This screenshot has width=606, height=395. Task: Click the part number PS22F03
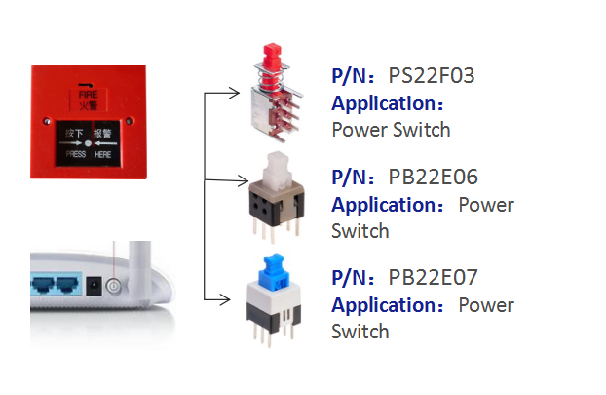tap(431, 75)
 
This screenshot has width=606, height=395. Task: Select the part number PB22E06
tap(433, 177)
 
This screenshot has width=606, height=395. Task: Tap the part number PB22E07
tap(433, 277)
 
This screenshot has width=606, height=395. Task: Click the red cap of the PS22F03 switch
tap(272, 56)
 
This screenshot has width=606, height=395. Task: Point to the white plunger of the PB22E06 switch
tap(277, 170)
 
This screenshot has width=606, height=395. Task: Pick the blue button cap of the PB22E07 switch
tap(275, 271)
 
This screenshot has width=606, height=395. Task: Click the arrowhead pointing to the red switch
tap(234, 93)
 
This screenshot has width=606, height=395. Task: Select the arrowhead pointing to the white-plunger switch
tap(243, 180)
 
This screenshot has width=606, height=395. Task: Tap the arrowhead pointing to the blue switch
tap(225, 299)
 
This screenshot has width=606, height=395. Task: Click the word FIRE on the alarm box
tap(88, 95)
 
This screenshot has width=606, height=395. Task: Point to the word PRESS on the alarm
tap(76, 154)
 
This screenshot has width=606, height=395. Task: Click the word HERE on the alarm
tap(103, 155)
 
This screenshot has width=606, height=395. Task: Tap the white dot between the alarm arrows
tap(88, 143)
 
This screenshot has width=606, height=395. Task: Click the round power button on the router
tap(114, 286)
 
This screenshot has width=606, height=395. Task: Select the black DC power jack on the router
tap(94, 287)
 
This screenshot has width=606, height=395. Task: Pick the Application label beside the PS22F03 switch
tap(388, 103)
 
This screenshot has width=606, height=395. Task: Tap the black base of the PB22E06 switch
tap(277, 209)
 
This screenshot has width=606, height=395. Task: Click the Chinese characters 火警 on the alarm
tap(88, 105)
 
